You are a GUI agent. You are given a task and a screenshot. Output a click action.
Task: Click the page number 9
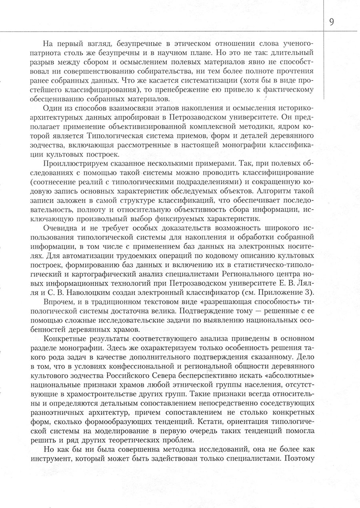332,22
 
